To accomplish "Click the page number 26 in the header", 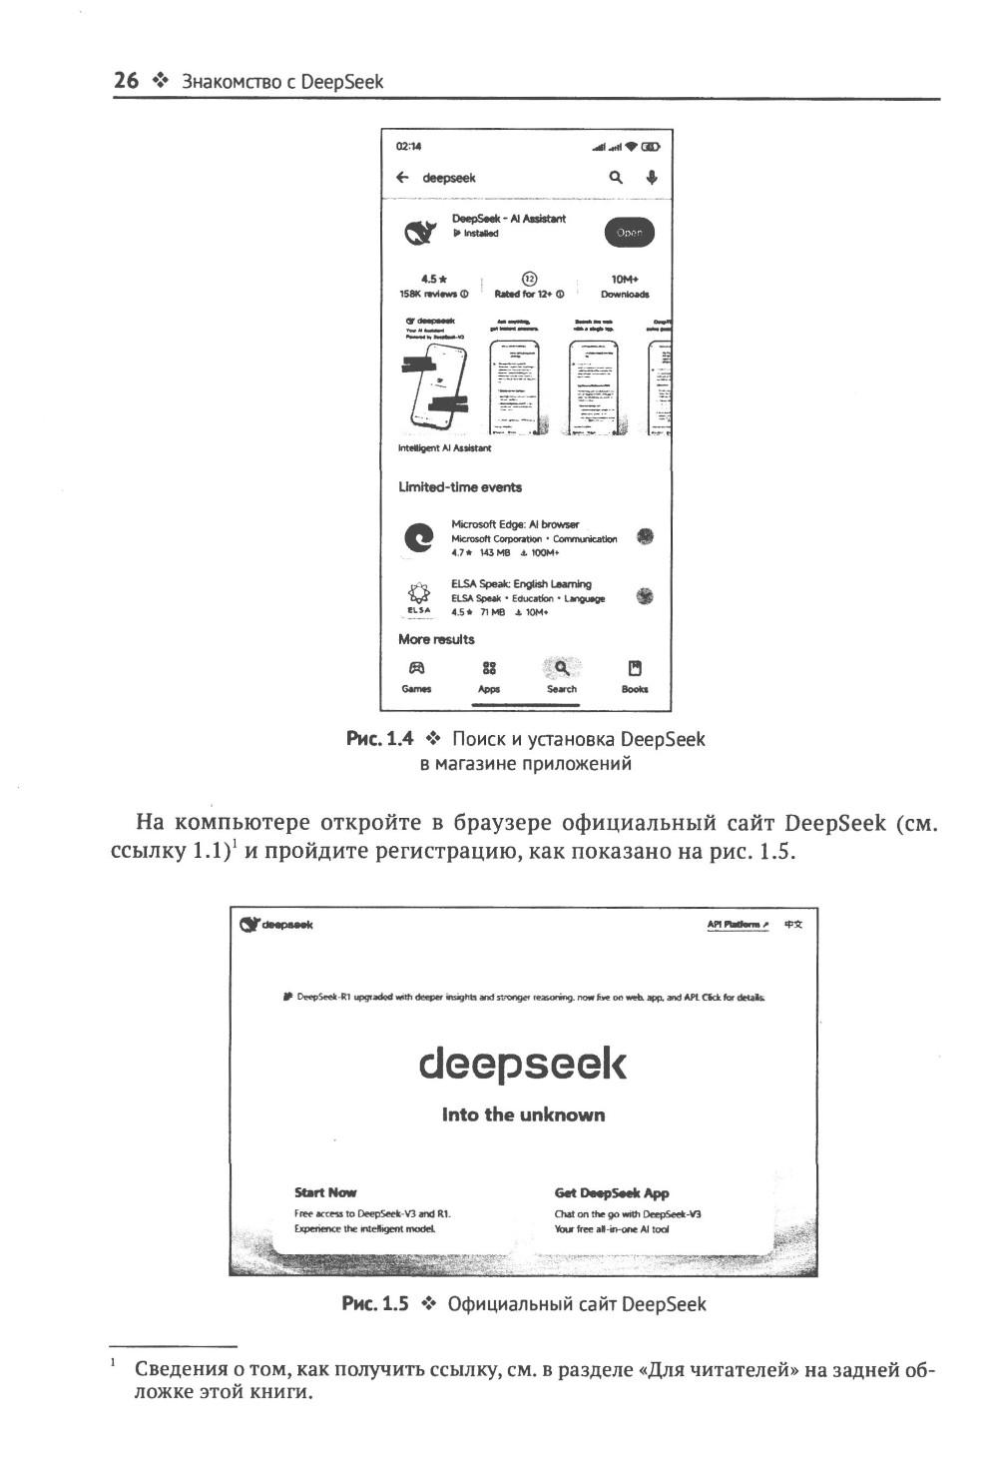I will (x=126, y=81).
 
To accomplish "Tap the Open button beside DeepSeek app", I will (x=629, y=232).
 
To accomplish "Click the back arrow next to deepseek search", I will (x=402, y=178).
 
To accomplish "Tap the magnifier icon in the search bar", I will (x=617, y=177).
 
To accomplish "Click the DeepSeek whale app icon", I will (x=419, y=233).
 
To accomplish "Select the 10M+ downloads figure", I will (x=625, y=280).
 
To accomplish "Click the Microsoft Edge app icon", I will (x=419, y=537).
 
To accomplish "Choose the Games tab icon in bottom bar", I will (x=416, y=668).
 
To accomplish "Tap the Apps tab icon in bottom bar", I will (x=489, y=668).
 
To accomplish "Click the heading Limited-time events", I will (x=460, y=487).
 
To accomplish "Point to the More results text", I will (x=436, y=639).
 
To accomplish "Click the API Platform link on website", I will (x=738, y=925).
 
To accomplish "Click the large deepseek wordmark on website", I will (x=523, y=1065).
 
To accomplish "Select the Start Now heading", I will (x=325, y=1192).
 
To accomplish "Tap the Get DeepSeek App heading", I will (x=612, y=1192).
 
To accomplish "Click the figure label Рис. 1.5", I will (x=375, y=1304).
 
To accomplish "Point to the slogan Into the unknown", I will (x=523, y=1114).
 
